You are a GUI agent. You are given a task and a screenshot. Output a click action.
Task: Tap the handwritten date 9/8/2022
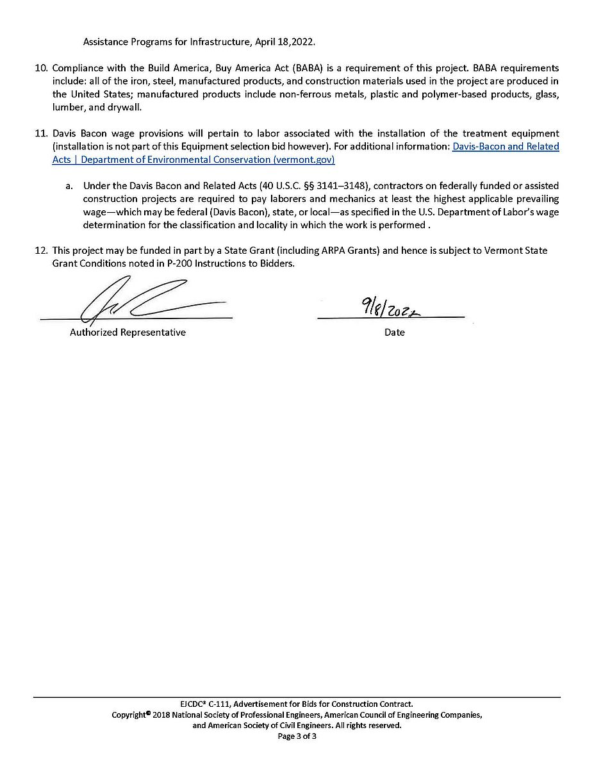click(x=390, y=310)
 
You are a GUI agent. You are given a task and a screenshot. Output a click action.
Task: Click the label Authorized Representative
click(x=128, y=333)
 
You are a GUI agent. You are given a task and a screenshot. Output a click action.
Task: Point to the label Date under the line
click(x=395, y=333)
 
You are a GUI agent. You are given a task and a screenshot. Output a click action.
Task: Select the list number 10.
click(x=40, y=68)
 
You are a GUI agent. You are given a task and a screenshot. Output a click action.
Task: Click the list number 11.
click(x=40, y=133)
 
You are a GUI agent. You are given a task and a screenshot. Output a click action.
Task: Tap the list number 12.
click(x=40, y=251)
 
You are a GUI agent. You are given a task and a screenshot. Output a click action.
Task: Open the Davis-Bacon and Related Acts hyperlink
click(x=506, y=147)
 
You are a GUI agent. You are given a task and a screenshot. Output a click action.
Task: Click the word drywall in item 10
click(x=123, y=108)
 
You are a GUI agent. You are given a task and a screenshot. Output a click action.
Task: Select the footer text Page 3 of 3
click(x=297, y=736)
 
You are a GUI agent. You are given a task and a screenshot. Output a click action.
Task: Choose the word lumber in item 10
click(x=67, y=108)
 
